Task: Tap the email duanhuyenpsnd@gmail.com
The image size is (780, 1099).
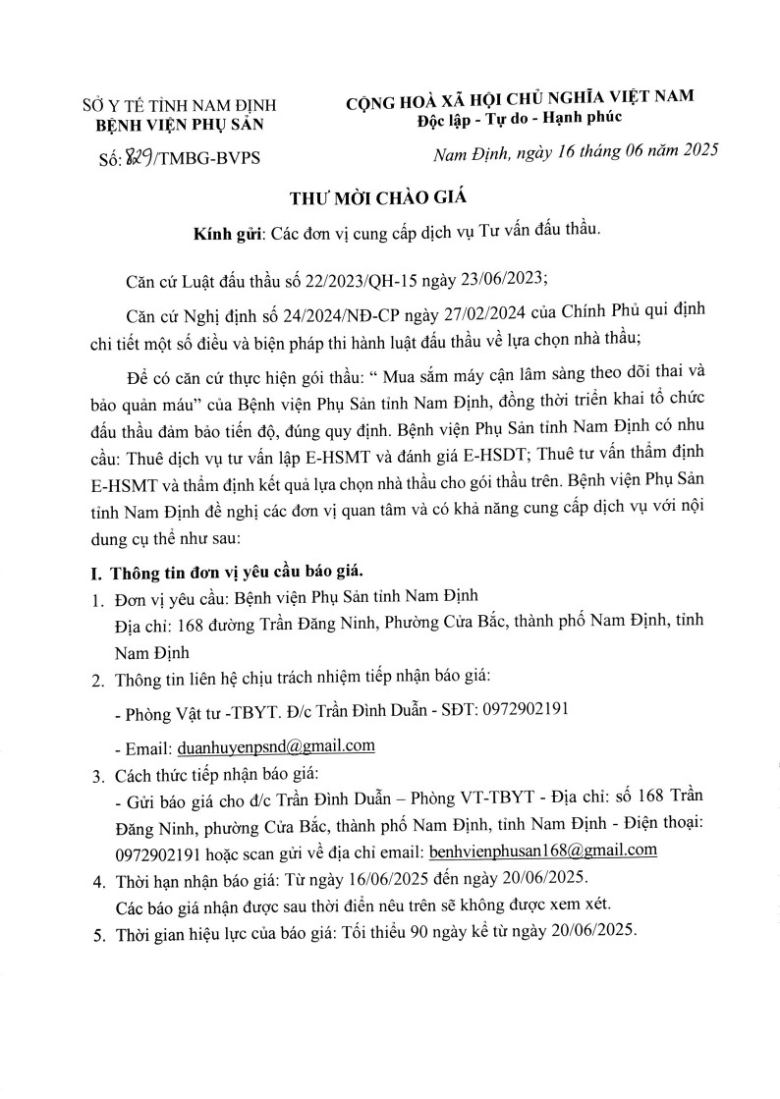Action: click(275, 746)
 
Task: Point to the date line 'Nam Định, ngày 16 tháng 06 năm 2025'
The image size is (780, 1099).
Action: click(577, 151)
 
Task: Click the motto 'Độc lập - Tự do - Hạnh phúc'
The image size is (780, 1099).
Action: click(518, 118)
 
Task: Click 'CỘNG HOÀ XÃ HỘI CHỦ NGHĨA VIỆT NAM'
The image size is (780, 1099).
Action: click(519, 96)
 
